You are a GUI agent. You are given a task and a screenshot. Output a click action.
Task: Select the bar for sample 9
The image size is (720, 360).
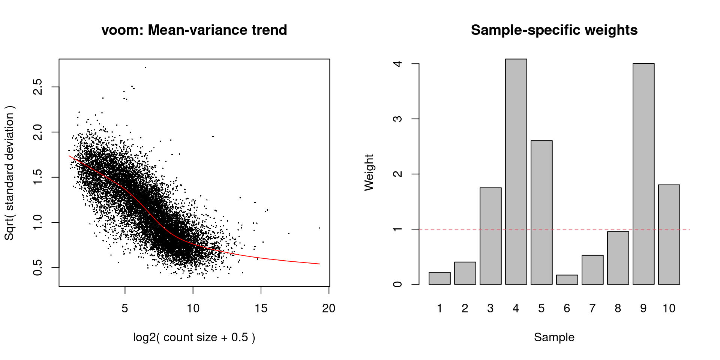coord(643,174)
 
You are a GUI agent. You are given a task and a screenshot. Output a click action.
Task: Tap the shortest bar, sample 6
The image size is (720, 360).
coord(567,280)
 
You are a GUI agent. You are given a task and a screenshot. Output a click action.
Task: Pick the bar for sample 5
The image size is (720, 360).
coord(541,213)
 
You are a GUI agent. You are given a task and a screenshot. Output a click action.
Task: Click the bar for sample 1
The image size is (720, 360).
coord(439,278)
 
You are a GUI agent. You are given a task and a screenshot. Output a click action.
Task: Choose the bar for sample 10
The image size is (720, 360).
coord(669,234)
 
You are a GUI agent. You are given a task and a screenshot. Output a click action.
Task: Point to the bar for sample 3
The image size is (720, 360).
coord(490,236)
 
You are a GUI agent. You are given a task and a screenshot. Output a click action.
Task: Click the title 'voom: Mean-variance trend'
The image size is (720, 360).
coord(194,30)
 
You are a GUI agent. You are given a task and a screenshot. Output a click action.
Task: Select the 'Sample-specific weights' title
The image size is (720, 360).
coord(554,30)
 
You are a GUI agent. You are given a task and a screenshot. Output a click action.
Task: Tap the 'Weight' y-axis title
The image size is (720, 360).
coord(369,172)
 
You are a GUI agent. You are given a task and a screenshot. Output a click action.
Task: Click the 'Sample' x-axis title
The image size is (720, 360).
coord(554,337)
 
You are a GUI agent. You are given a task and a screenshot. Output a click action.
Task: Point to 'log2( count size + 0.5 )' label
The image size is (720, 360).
coord(194,337)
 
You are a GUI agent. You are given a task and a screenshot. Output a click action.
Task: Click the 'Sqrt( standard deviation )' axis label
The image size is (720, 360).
coord(9,172)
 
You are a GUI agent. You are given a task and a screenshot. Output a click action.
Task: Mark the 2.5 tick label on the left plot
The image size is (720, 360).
coord(37,87)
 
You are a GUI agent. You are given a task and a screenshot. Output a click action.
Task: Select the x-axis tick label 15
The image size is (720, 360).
coord(261,308)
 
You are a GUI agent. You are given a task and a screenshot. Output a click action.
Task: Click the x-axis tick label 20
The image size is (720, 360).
coord(329,308)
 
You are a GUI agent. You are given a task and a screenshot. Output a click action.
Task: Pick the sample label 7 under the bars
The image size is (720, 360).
coord(592,308)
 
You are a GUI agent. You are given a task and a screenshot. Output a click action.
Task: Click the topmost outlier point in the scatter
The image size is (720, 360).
coord(145,67)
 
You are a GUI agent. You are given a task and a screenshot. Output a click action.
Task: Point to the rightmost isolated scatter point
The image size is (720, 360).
coord(319,228)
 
